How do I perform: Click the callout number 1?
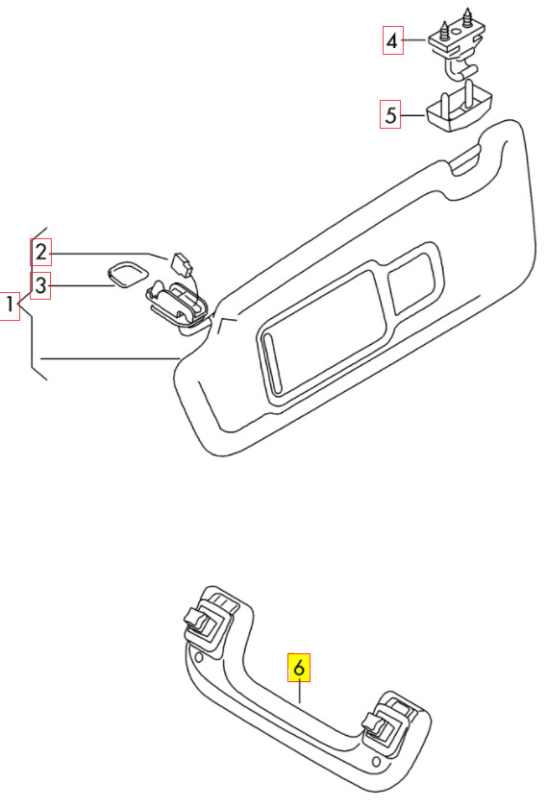coord(10,306)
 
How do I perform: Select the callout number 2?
coord(40,252)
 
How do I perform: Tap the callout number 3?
coord(40,285)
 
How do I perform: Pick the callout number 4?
coord(392,40)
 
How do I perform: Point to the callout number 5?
coord(390,114)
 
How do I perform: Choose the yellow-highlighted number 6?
coord(299,668)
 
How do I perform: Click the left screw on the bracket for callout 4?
coord(443,30)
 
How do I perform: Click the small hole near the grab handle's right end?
coord(376,762)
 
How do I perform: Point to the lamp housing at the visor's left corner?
coord(176,305)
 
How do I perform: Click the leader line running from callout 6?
coord(300,693)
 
